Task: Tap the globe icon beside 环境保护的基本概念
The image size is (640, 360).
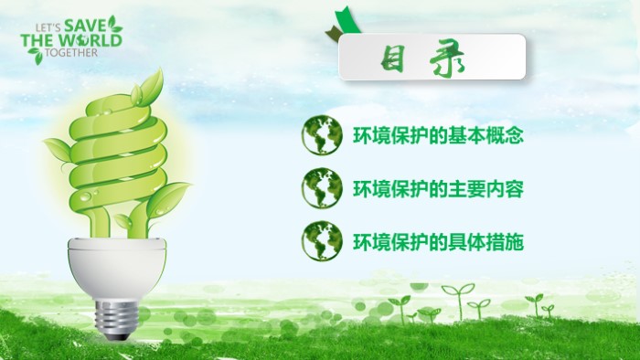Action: (322, 136)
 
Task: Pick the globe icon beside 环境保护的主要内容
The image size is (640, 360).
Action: (322, 189)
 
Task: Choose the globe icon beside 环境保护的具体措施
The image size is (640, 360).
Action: (322, 242)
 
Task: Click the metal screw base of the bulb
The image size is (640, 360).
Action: (115, 316)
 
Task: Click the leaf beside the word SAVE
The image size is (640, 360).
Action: (114, 22)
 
